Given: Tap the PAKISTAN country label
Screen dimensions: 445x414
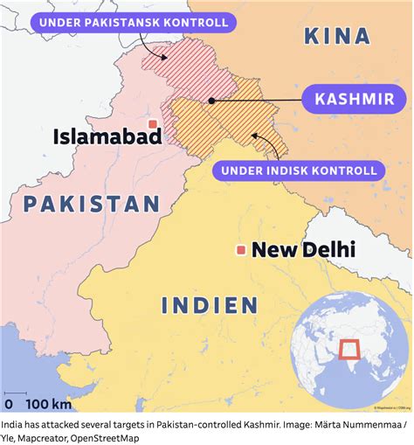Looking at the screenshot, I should point(92,204).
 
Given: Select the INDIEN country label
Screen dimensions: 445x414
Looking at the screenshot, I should point(210,305).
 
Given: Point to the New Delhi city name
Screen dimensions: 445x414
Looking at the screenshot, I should point(303,251).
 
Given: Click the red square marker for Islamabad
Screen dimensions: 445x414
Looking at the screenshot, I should point(153,125).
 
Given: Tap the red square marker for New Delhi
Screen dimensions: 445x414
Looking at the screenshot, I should point(240,252).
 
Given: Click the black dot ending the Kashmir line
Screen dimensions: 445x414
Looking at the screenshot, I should point(211,101).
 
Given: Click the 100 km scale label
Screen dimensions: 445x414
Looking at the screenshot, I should point(48,404).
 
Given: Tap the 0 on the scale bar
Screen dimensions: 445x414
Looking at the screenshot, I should point(9,404).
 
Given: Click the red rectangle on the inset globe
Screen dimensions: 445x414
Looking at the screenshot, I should point(351,351).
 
